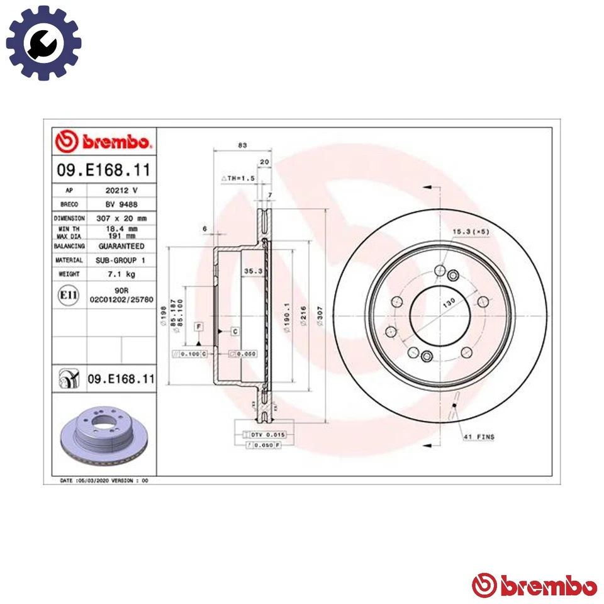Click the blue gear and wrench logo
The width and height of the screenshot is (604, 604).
click(x=43, y=43)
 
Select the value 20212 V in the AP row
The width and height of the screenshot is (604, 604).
click(x=121, y=189)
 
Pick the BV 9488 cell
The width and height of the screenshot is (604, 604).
click(x=121, y=204)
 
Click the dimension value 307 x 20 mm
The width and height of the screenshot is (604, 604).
click(x=121, y=218)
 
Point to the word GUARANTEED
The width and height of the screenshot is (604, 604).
click(x=121, y=246)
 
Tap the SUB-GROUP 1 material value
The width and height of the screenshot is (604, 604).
click(x=121, y=260)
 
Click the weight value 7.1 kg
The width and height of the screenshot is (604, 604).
click(x=121, y=274)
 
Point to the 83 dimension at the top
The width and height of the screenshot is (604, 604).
click(x=242, y=145)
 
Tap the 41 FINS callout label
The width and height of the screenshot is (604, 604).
click(x=479, y=437)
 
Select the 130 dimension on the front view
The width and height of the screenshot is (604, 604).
click(x=448, y=303)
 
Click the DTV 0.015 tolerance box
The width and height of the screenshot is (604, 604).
click(x=268, y=434)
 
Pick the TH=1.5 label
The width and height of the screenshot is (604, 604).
click(x=238, y=179)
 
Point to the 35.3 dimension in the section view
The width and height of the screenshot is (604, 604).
click(x=251, y=271)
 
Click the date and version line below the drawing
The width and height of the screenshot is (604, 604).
click(x=103, y=480)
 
